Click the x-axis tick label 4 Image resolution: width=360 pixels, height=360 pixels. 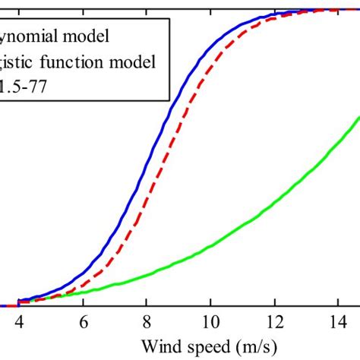17,321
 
